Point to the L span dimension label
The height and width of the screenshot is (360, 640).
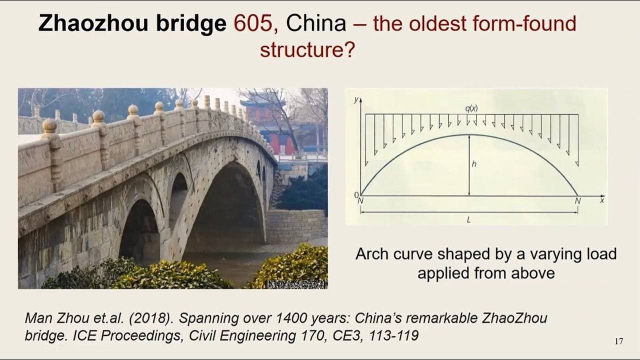(x=468, y=219)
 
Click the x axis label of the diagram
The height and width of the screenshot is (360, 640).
(x=601, y=200)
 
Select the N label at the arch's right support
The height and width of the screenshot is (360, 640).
(x=577, y=201)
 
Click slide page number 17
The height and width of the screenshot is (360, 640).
(x=618, y=341)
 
